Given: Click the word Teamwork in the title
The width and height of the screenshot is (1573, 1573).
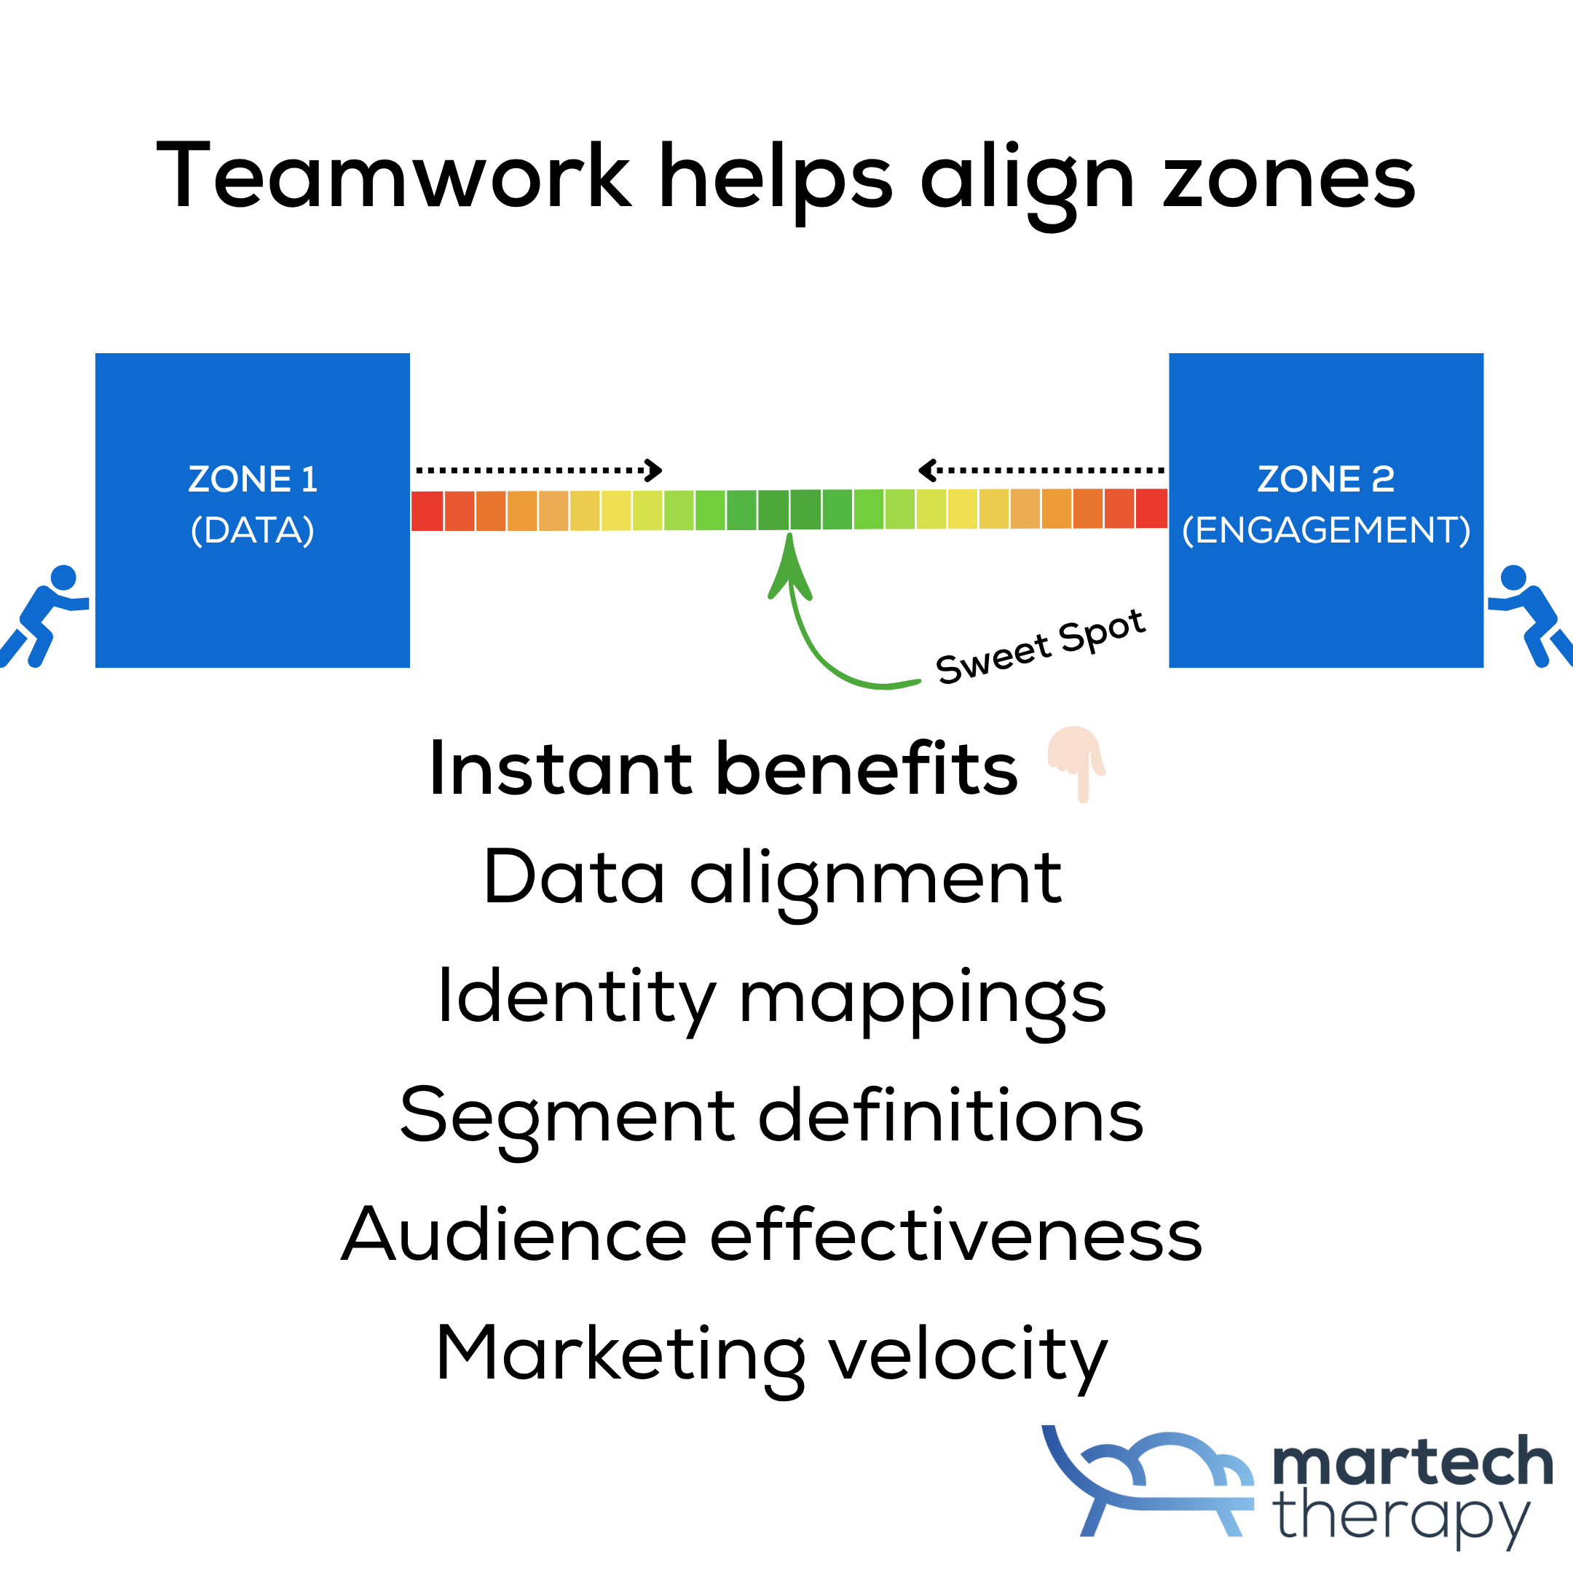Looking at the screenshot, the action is (393, 176).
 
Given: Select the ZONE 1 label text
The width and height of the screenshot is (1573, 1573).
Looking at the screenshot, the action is (253, 478).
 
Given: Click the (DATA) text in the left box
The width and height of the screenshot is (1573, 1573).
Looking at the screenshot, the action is (253, 530).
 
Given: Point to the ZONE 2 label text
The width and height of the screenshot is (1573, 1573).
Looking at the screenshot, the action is (1325, 478).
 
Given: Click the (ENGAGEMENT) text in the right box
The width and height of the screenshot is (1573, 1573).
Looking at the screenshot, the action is (1325, 530).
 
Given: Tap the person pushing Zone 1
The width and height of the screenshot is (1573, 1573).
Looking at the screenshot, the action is (42, 615).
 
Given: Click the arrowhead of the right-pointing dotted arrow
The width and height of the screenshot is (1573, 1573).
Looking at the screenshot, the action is (655, 470).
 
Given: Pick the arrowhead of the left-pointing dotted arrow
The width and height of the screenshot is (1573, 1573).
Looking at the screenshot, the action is (926, 470).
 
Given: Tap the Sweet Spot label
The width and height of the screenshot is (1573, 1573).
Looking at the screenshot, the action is (1040, 647).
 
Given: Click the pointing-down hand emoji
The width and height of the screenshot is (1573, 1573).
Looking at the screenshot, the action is (1076, 761).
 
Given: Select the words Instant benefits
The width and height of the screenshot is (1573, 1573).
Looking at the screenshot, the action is (723, 770).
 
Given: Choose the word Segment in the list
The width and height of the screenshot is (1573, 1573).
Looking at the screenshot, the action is (567, 1117).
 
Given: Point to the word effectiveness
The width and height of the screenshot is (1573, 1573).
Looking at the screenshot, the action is (956, 1235).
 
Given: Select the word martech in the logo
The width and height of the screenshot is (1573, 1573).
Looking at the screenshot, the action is (1413, 1462).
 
